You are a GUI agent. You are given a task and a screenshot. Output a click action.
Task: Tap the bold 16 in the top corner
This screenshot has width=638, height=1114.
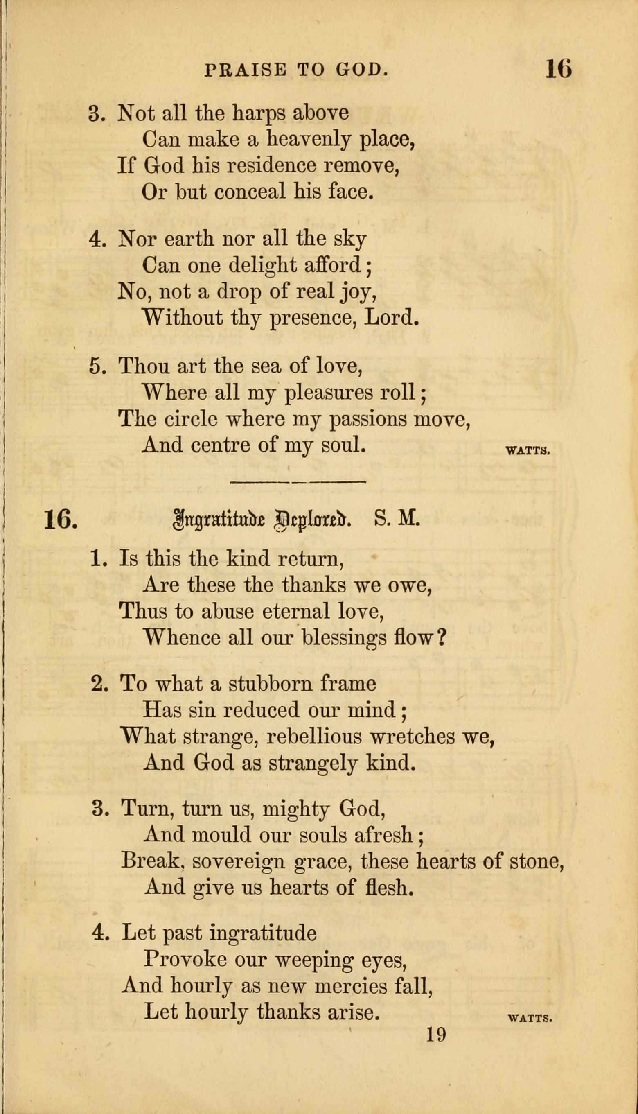click(x=558, y=69)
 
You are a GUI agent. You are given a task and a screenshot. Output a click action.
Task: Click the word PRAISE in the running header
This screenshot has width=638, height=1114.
click(x=246, y=70)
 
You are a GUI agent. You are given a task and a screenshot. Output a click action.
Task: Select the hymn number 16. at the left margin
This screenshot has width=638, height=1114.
click(x=61, y=520)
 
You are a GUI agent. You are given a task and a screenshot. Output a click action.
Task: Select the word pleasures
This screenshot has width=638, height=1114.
click(x=329, y=393)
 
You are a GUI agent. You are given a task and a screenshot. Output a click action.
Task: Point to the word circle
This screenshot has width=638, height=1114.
click(x=191, y=419)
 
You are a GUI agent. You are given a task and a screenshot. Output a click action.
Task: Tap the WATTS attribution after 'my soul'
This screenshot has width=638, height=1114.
click(x=528, y=450)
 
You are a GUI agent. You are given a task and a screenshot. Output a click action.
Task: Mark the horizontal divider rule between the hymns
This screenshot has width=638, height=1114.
click(x=298, y=481)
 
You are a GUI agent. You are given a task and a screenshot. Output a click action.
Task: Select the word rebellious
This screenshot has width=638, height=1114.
click(x=314, y=737)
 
